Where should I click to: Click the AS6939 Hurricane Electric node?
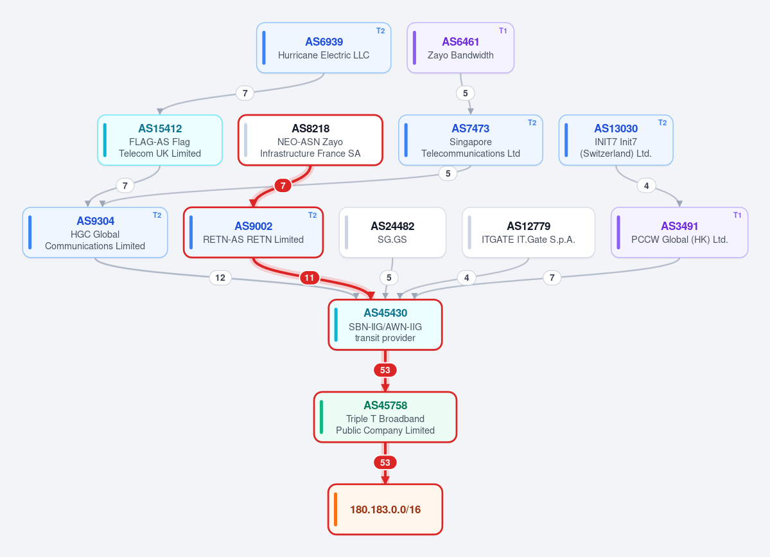pos(324,48)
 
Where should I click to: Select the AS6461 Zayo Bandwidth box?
pos(460,48)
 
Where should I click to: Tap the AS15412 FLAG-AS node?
pos(160,140)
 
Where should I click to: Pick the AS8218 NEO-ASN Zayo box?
pos(310,140)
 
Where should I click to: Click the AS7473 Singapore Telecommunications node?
pos(471,140)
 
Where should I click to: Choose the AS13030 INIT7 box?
pos(616,140)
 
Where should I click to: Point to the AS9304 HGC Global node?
pos(95,233)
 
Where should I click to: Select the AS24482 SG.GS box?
pos(392,233)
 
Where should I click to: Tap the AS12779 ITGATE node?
pos(529,233)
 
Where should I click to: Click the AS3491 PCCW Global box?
pos(679,233)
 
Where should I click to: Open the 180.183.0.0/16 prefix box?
pos(385,509)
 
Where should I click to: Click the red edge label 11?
pos(310,278)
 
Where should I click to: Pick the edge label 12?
pos(220,278)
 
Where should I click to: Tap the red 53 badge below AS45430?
pos(385,370)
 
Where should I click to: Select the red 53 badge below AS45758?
pos(385,463)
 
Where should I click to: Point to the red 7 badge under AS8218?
pos(283,186)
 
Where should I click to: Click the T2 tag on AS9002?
pos(312,215)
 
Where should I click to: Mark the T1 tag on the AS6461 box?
pos(503,30)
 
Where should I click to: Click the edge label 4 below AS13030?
pos(646,186)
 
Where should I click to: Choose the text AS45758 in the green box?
pos(385,405)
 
